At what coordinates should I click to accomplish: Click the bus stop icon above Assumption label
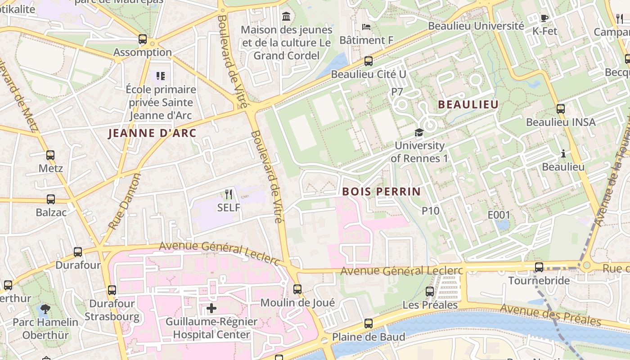pos(143,39)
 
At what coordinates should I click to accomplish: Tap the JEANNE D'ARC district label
pos(153,133)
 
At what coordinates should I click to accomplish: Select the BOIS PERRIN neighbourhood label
pos(381,191)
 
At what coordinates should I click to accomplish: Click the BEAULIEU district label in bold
pos(468,105)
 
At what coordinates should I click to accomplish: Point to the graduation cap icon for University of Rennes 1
pos(419,132)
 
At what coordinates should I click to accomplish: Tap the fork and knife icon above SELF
pos(229,194)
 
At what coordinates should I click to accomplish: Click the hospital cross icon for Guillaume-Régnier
pos(211,308)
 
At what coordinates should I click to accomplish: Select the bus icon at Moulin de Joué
pos(297,289)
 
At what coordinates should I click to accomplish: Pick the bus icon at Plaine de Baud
pos(369,323)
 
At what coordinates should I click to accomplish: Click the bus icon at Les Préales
pos(430,292)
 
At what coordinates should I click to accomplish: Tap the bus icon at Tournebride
pos(539,267)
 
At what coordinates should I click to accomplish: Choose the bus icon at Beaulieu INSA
pos(560,108)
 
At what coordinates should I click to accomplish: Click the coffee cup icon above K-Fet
pos(544,18)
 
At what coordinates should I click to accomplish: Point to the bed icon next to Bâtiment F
pos(366,27)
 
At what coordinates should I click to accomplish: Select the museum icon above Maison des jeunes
pos(286,17)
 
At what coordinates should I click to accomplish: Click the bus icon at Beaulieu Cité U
pos(369,61)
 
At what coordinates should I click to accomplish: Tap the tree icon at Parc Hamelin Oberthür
pos(45,309)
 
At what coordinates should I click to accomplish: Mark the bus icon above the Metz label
pos(50,155)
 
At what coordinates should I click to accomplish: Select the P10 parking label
pos(430,210)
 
